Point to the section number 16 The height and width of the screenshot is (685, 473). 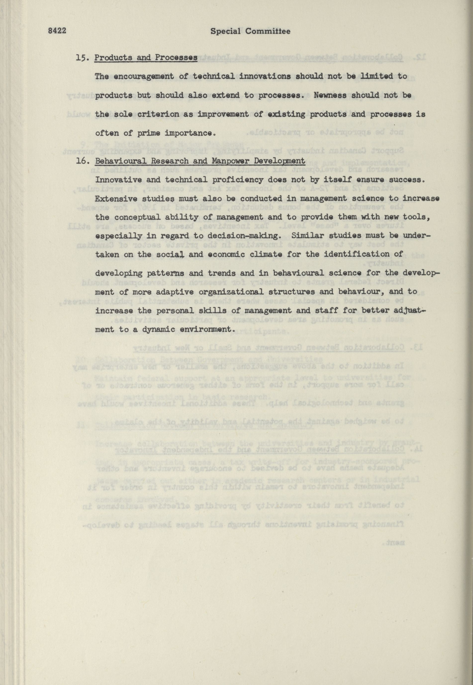pyautogui.click(x=82, y=161)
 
